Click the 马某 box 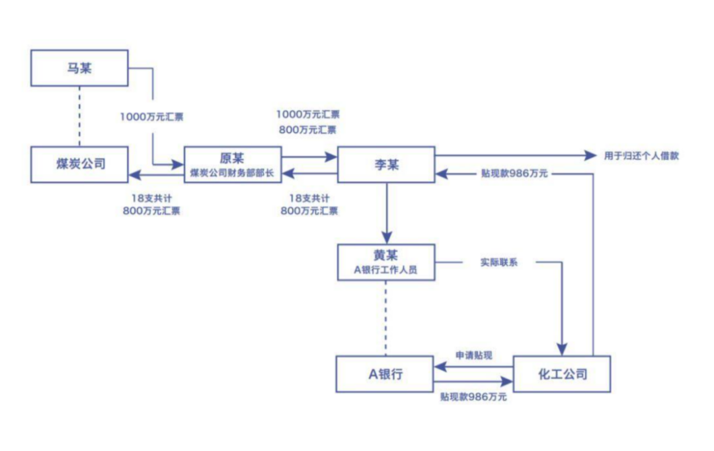(x=79, y=68)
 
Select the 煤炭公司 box (x=79, y=164)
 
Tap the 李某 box (x=385, y=164)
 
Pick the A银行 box (x=385, y=374)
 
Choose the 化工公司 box (x=561, y=374)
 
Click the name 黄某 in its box (x=385, y=256)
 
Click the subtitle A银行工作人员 (x=385, y=269)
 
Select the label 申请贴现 (x=474, y=355)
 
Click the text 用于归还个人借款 (x=641, y=156)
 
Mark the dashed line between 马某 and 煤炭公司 (x=79, y=116)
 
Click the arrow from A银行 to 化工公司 (x=473, y=382)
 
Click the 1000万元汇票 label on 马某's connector (x=151, y=117)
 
